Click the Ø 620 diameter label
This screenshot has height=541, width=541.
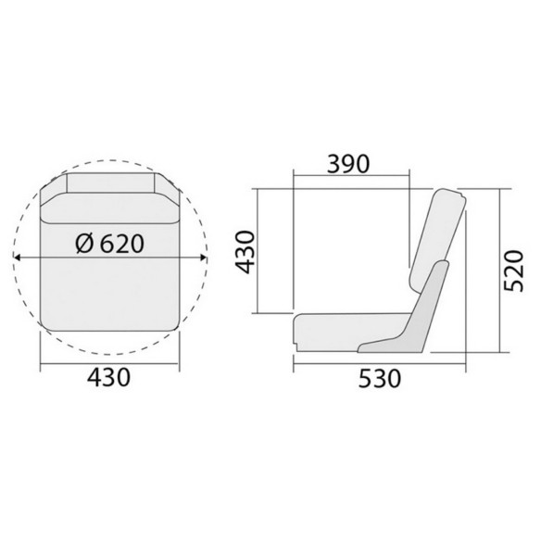[109, 244]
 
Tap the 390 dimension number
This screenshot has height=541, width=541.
[348, 164]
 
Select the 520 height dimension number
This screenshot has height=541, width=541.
[514, 270]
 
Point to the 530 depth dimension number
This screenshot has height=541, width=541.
[380, 379]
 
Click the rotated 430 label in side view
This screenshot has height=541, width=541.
[245, 252]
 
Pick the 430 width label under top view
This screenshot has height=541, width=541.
[109, 377]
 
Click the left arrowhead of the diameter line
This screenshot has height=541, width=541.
[17, 258]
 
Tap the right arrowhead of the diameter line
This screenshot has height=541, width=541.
[204, 258]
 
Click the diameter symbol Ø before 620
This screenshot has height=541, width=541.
[84, 244]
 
